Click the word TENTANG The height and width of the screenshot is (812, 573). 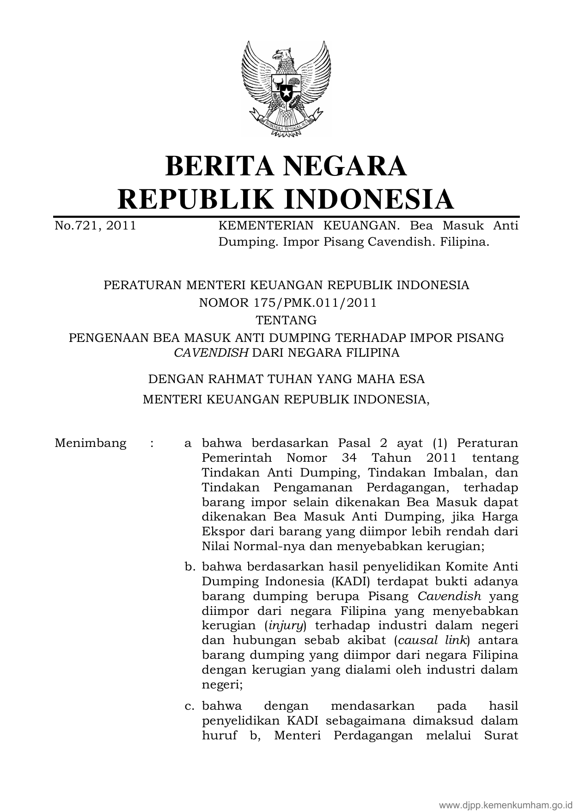click(x=286, y=320)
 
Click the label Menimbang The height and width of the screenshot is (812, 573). click(x=91, y=443)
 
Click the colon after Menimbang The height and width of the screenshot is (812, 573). click(x=152, y=443)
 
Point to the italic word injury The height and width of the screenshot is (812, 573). click(x=286, y=626)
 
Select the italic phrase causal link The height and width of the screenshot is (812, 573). click(x=432, y=640)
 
